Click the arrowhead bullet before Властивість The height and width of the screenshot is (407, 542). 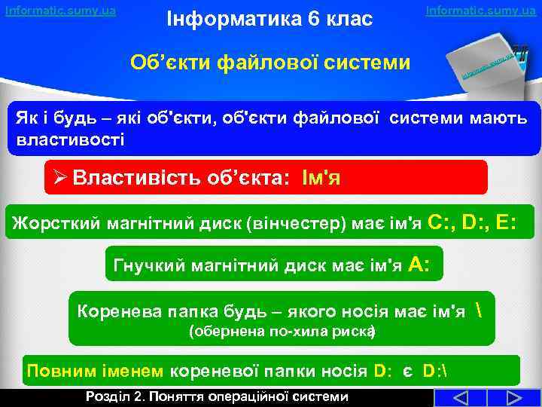click(61, 179)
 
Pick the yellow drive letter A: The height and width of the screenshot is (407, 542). click(419, 264)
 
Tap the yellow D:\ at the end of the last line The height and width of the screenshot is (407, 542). click(434, 372)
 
